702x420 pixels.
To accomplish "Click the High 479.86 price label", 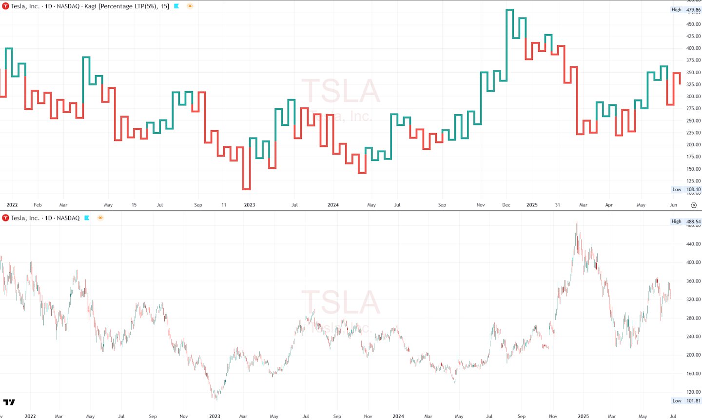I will [x=686, y=10].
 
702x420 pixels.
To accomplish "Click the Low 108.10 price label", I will [x=686, y=189].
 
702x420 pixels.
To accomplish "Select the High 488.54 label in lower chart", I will [x=686, y=221].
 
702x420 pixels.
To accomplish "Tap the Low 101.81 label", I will [x=686, y=401].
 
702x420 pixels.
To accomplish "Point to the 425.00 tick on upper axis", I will [x=693, y=36].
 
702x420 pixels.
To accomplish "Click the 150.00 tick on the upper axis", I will [x=693, y=169].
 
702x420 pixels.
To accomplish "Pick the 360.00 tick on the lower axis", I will [x=693, y=281].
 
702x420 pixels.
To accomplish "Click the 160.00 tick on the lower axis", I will [x=693, y=374].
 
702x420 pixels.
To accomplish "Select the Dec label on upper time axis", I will [x=506, y=205].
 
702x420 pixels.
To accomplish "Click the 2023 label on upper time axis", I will [x=249, y=205].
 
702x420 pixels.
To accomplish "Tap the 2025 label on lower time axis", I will [x=583, y=416].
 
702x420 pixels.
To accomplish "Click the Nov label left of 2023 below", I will [x=183, y=416].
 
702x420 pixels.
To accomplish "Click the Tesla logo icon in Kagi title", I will [x=5, y=6].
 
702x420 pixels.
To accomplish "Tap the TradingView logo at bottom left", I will [x=9, y=402].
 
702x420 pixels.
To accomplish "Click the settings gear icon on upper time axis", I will [x=694, y=205].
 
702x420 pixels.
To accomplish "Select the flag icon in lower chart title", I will [x=87, y=218].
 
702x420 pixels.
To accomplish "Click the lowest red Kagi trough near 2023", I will [x=247, y=189].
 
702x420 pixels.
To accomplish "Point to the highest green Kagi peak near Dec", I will [x=509, y=10].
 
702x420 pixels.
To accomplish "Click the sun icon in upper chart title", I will [x=190, y=6].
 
